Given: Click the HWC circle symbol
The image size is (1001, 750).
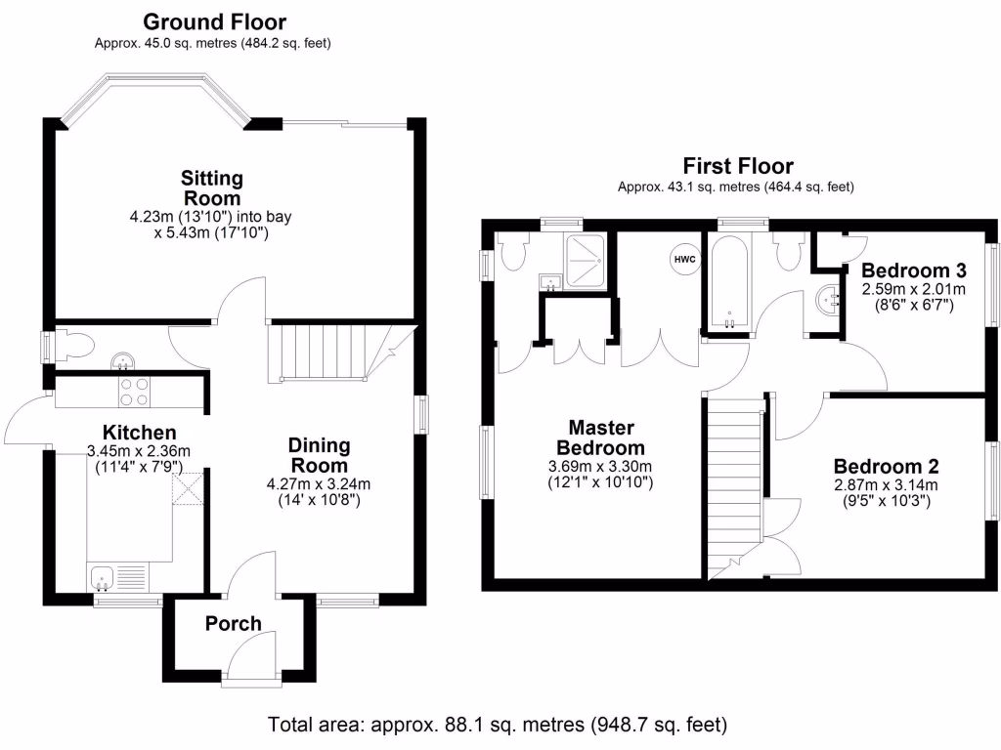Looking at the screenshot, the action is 685,259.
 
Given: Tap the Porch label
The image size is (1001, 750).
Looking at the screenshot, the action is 233,623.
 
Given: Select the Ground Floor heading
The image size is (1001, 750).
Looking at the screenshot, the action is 214,21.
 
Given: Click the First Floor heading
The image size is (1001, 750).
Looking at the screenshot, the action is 738,166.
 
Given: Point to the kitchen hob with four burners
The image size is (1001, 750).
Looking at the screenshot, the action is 134,392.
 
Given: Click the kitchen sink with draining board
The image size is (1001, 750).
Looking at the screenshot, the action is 117,578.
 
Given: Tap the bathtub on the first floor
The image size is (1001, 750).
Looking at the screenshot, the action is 729,282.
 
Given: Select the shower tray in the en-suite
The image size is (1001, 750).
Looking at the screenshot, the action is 585,262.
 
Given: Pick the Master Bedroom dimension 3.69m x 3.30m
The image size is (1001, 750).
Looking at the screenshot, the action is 600,466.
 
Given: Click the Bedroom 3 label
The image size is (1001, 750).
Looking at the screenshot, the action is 914,271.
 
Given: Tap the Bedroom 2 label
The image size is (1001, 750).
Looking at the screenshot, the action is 886,466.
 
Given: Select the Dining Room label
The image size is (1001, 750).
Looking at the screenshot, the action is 320,455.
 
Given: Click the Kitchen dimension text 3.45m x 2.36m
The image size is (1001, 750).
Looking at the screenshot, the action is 139,451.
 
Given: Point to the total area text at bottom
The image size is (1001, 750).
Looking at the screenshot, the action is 498,725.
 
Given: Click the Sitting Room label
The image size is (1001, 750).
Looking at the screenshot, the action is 212,187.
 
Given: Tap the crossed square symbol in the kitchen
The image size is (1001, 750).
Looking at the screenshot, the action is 188,488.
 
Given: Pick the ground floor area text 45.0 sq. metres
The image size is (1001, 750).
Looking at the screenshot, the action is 212,43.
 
